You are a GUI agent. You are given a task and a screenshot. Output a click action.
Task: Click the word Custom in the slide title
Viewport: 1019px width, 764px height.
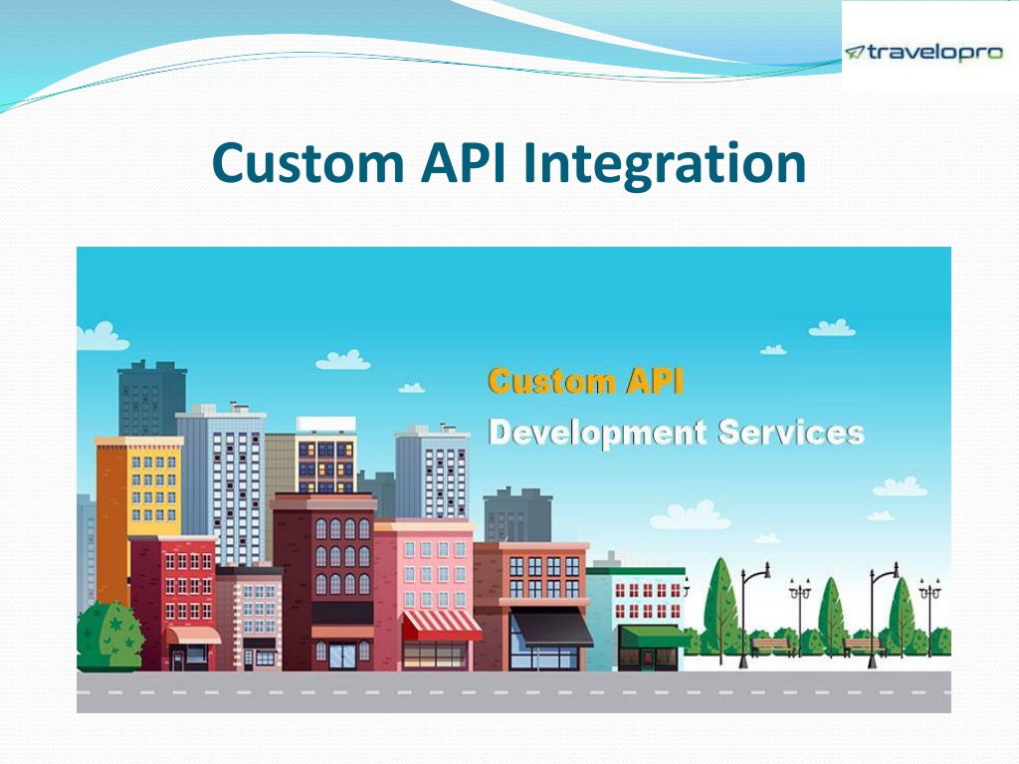tap(303, 162)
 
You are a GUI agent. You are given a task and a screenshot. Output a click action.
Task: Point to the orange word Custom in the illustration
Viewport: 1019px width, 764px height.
tap(551, 381)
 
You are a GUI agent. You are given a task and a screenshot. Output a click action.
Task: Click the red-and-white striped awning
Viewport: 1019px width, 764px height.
tap(441, 625)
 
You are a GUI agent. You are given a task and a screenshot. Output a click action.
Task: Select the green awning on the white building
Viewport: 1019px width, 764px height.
tap(652, 636)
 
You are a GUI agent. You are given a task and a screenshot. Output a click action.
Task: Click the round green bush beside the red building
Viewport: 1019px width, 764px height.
tap(109, 636)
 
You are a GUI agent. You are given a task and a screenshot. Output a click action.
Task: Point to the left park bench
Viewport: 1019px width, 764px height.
tap(771, 646)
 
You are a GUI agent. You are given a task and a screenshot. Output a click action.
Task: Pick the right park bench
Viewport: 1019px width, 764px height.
tap(864, 646)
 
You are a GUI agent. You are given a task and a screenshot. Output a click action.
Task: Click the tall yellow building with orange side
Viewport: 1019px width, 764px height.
tap(140, 487)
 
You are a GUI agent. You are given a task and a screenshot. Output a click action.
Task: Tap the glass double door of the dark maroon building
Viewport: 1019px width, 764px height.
tap(342, 655)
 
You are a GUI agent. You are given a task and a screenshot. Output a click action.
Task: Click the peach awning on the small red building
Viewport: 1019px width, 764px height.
tap(193, 635)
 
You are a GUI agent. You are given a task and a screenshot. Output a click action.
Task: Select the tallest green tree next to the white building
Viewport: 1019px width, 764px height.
tap(720, 605)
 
